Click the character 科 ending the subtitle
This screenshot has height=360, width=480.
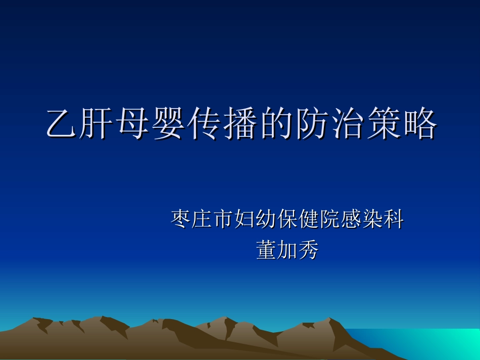click(394, 219)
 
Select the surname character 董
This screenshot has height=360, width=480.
click(266, 249)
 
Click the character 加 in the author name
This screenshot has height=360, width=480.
click(287, 249)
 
